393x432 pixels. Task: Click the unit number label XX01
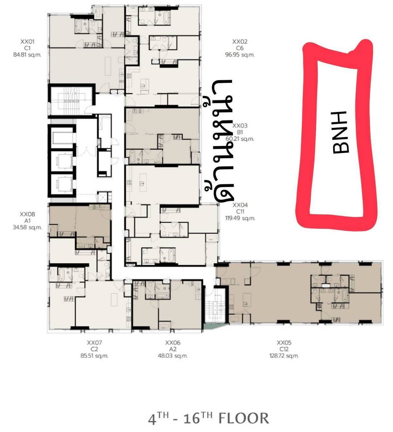point(27,42)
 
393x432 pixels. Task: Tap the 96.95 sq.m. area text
point(240,55)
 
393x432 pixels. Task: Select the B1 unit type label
point(240,132)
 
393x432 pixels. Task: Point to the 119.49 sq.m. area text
point(240,218)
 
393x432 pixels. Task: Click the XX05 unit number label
point(284,343)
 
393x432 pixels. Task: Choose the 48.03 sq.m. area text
point(173,356)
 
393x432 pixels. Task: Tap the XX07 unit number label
point(94,343)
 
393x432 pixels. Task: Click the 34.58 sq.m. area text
point(27,227)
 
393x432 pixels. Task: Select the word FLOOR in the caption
point(243,419)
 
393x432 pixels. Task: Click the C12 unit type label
point(284,349)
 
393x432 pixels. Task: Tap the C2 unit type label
point(94,349)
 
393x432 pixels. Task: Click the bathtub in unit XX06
point(163,295)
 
